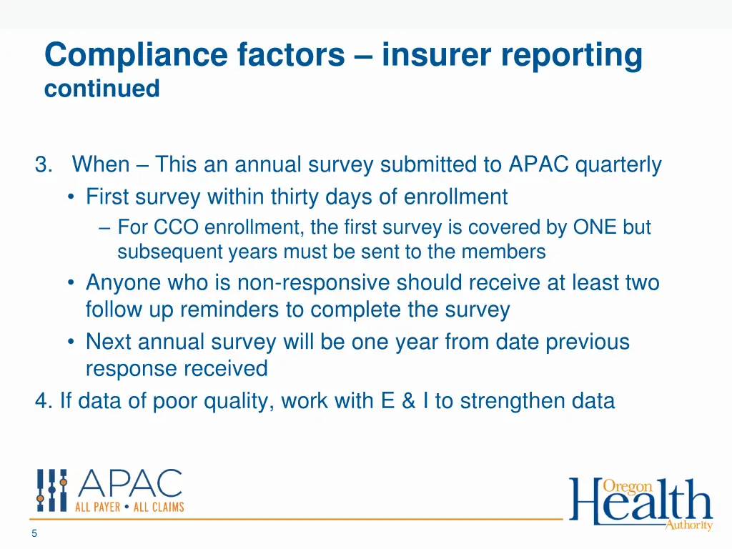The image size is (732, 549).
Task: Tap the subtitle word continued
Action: [x=102, y=89]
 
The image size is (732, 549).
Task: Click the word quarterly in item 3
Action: [x=618, y=165]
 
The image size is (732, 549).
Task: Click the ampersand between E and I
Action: [x=408, y=401]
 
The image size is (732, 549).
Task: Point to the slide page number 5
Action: [x=34, y=533]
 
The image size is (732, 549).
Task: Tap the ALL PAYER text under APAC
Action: [x=98, y=507]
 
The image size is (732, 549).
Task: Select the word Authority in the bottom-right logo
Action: [x=688, y=525]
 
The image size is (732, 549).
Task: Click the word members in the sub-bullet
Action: [x=504, y=252]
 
